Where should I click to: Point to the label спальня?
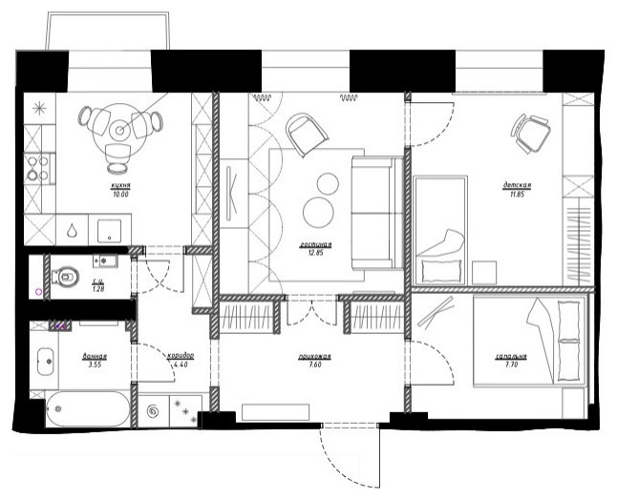[x=508, y=357]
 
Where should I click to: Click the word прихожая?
[x=302, y=357]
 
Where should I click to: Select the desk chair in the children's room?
[x=530, y=131]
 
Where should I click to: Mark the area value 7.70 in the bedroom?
[x=508, y=365]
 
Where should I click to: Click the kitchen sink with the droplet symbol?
[x=73, y=230]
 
